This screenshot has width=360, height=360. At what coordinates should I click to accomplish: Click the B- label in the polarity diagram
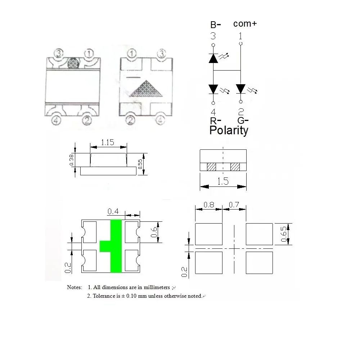pos(215,24)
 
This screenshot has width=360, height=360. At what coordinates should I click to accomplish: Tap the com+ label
pos(245,24)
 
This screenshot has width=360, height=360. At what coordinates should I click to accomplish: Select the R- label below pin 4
pos(215,121)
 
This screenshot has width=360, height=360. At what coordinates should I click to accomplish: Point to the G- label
pos(243,121)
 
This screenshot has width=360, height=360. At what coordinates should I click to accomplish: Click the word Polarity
pos(229,130)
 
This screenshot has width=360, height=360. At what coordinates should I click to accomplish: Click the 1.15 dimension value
pos(107,142)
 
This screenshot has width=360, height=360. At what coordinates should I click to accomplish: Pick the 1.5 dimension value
pos(223,181)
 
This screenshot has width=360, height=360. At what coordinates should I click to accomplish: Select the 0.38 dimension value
pos(71,160)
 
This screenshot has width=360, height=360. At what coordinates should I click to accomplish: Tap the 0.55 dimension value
pos(140,164)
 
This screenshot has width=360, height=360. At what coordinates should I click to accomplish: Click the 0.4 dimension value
pos(113,211)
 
